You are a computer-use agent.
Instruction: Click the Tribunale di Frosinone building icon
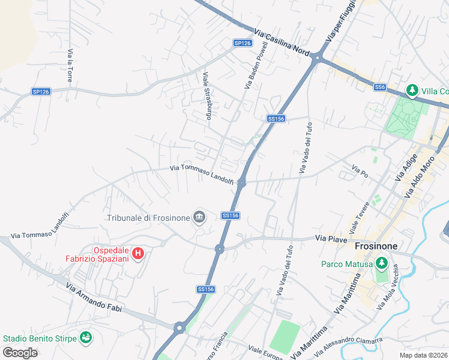pos(199,217)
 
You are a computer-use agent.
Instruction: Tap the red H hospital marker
pos(138,254)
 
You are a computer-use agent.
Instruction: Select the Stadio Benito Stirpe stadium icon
pos(86,338)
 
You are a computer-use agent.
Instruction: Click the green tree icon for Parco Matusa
pos(381,263)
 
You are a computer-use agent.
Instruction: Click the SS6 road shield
pos(379,88)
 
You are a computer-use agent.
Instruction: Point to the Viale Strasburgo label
pos(207,96)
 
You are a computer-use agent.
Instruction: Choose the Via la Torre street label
pos(70,65)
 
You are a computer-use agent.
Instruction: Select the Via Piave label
pos(331,238)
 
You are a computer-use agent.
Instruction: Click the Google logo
pos(20,352)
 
